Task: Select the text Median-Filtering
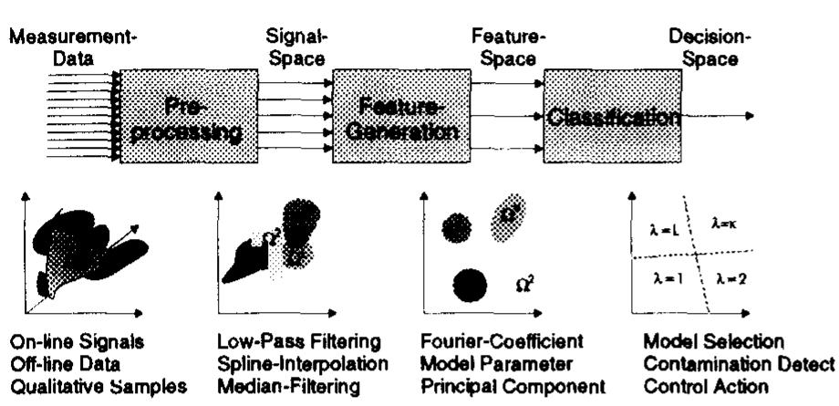click(273, 385)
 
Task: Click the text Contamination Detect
click(739, 365)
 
